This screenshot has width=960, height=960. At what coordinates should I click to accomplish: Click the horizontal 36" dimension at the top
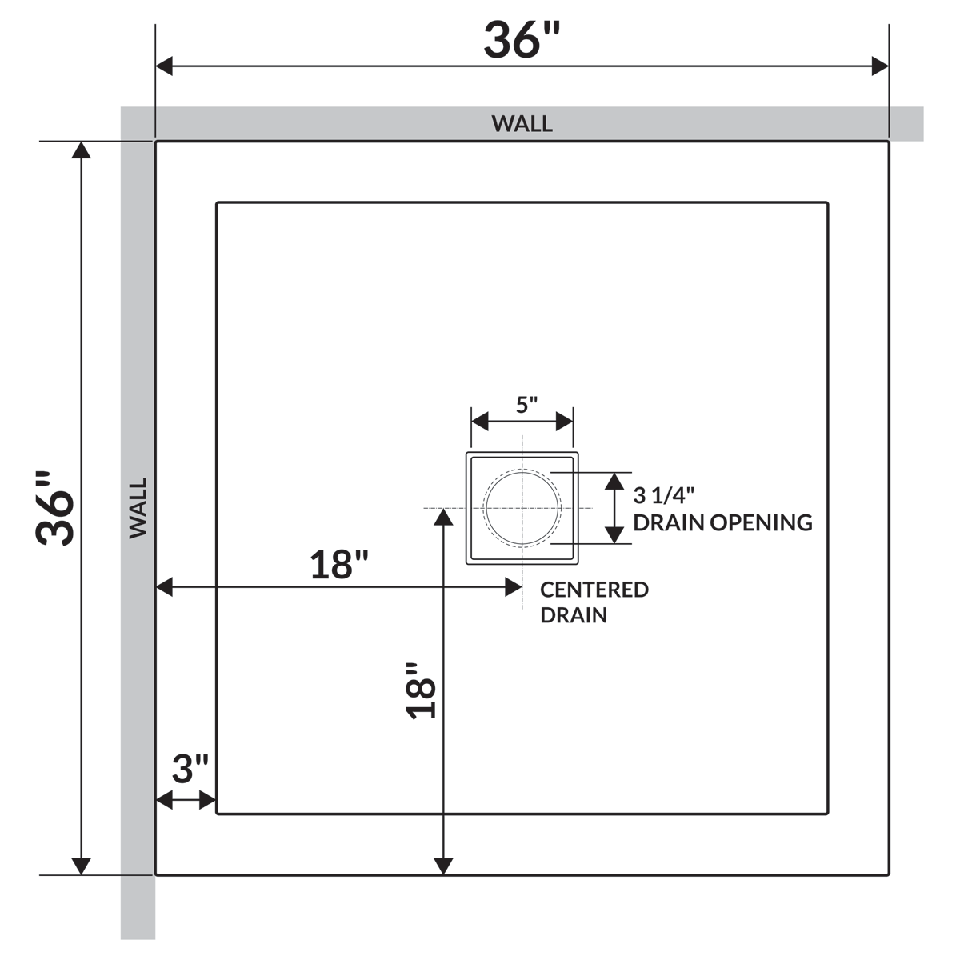pos(522,40)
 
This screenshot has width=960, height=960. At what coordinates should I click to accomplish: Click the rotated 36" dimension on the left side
pos(55,508)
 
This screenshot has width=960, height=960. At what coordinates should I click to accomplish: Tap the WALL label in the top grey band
pos(522,123)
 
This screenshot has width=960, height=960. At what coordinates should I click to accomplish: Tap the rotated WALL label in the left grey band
pos(138,508)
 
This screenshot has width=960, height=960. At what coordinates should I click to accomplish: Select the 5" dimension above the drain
pos(527,405)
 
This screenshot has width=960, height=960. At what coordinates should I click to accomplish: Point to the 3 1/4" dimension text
pos(663,495)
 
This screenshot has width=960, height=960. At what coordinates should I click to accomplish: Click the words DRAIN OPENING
pos(723,522)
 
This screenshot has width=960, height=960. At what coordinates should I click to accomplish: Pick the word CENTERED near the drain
pos(594,590)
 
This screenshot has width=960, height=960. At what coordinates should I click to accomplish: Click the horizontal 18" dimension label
pos(339,565)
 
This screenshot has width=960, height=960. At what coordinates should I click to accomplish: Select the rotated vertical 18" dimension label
pos(421,690)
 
